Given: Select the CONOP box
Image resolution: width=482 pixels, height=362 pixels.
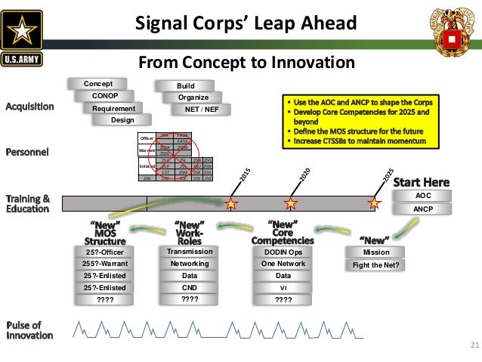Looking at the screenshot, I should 105,96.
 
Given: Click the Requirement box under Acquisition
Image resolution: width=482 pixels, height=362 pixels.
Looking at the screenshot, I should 114,109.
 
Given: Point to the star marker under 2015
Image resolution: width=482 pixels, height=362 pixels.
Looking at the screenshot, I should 231,203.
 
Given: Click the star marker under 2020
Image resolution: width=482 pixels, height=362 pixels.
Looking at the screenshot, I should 290,203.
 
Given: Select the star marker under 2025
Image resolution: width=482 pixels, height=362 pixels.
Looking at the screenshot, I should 374,203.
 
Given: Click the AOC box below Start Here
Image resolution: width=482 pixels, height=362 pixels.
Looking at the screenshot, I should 423,195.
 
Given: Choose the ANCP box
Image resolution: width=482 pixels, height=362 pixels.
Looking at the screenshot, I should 423,209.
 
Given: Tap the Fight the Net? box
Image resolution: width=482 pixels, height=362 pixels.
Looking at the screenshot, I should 376,265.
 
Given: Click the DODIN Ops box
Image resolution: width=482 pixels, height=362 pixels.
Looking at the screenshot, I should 283,252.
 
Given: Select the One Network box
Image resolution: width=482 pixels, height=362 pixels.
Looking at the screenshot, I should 283,264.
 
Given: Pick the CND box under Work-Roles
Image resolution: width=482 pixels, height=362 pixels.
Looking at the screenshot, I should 190,287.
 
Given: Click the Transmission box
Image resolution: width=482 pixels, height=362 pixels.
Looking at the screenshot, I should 190,252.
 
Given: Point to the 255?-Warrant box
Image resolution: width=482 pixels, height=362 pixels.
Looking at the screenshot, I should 104,264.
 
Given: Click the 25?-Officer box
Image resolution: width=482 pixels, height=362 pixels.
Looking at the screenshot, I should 104,252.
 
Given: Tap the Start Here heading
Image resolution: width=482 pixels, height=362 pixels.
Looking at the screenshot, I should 421,181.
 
